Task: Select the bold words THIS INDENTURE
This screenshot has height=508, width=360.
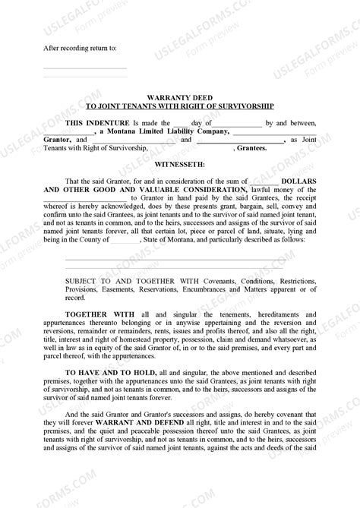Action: pos(98,122)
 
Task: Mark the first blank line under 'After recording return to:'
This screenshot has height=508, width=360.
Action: pos(84,66)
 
